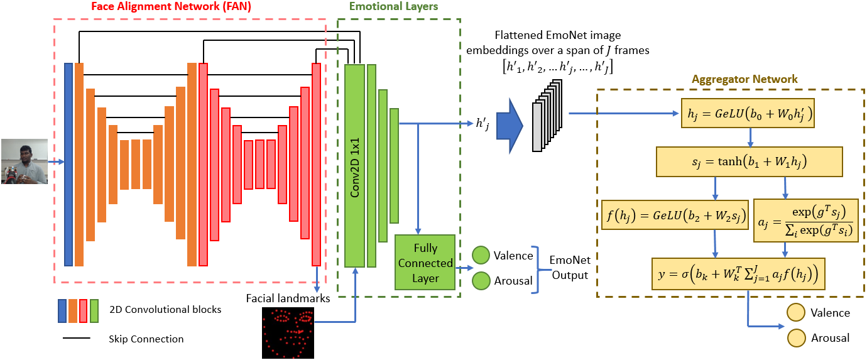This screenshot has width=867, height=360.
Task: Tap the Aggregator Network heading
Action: pyautogui.click(x=744, y=79)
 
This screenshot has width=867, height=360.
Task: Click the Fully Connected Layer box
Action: pyautogui.click(x=425, y=263)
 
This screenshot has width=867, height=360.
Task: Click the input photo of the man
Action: pyautogui.click(x=25, y=161)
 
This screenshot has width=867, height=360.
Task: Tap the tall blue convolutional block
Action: pyautogui.click(x=68, y=164)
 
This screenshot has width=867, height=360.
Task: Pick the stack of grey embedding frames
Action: pyautogui.click(x=545, y=116)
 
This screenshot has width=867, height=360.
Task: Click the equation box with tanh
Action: pyautogui.click(x=749, y=161)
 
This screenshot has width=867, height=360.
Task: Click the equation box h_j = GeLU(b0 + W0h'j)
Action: pyautogui.click(x=748, y=114)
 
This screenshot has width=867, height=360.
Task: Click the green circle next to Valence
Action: pyautogui.click(x=481, y=255)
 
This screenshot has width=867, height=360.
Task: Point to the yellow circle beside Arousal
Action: pyautogui.click(x=797, y=337)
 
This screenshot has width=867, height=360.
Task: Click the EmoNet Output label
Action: pyautogui.click(x=569, y=268)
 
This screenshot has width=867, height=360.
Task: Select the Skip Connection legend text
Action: pyautogui.click(x=146, y=339)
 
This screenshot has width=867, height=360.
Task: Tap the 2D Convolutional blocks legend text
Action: pyautogui.click(x=165, y=309)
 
